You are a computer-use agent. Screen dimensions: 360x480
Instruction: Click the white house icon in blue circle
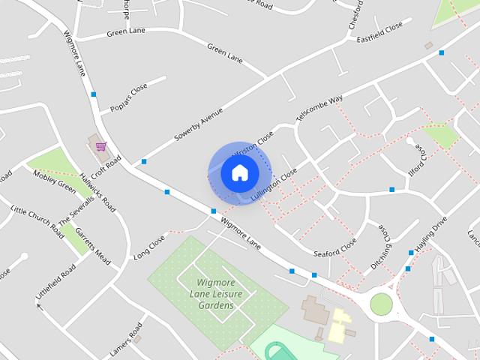[x=239, y=172]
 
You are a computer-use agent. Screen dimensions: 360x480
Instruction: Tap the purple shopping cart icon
[x=100, y=145]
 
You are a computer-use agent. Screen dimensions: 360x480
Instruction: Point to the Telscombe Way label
[x=319, y=109]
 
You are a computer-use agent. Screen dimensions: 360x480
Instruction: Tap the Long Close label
[x=148, y=248]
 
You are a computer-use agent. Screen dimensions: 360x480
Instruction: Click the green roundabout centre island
[x=381, y=304]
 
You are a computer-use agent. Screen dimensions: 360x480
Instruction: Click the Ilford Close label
[x=421, y=157]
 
